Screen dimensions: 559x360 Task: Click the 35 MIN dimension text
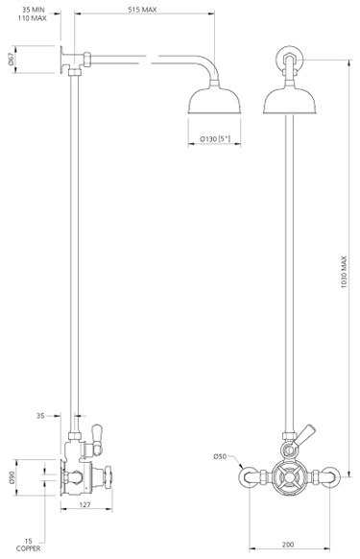pos(32,10)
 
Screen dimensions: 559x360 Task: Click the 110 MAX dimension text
pos(31,19)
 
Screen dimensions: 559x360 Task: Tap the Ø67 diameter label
pos(12,57)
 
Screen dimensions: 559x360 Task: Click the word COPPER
pos(30,549)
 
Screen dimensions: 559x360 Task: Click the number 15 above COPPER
pos(30,540)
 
